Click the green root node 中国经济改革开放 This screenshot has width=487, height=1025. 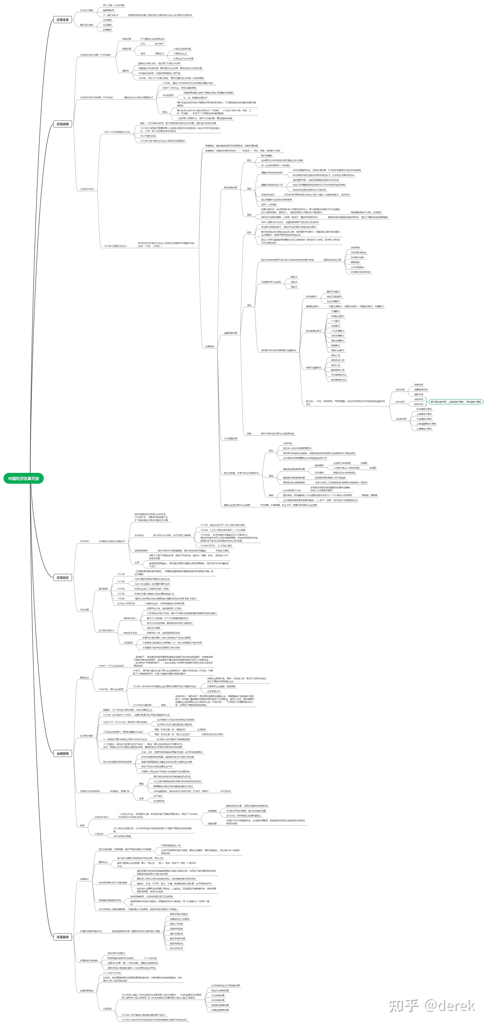click(x=23, y=478)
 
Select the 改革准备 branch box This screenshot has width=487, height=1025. click(x=62, y=19)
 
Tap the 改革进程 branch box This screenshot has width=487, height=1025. click(x=62, y=124)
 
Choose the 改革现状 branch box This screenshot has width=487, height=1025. click(x=62, y=577)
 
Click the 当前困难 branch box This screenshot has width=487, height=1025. click(x=62, y=754)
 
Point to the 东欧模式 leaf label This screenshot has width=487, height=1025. click(x=107, y=20)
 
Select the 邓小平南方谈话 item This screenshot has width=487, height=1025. click(x=148, y=136)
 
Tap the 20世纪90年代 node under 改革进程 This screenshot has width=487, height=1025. click(x=87, y=189)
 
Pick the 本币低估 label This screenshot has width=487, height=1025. click(x=139, y=535)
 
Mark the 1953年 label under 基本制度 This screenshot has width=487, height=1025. click(x=120, y=574)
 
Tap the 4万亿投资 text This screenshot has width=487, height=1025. click(x=225, y=791)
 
